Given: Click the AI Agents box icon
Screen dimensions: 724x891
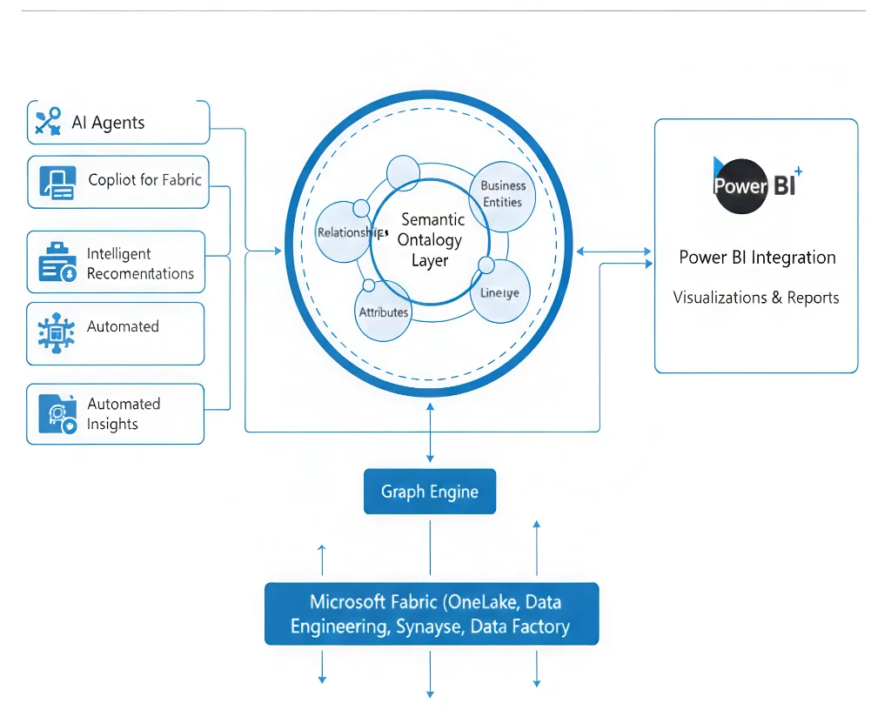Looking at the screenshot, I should tap(48, 122).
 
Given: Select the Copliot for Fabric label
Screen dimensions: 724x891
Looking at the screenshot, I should tap(144, 180).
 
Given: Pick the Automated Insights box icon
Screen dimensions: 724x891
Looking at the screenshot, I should tap(57, 413).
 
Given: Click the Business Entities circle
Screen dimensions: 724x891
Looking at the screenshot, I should tap(502, 195).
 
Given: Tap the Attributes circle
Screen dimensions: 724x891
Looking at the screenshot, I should tap(383, 311).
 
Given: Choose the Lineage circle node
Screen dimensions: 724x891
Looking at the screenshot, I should tap(499, 292).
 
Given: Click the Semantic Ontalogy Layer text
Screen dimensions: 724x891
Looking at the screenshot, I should tap(430, 240).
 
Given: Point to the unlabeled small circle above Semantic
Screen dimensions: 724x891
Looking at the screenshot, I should tap(403, 172).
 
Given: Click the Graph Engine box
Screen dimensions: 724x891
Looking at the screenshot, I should tap(430, 492).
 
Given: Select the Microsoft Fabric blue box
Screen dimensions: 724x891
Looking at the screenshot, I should tap(431, 613).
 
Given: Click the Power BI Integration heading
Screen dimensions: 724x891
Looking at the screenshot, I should tap(756, 258).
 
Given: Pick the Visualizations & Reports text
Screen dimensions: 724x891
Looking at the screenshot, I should tap(756, 298).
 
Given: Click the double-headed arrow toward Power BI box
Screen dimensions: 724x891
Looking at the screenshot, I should tap(613, 251).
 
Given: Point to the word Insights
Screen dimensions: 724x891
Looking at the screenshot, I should tap(112, 425).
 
